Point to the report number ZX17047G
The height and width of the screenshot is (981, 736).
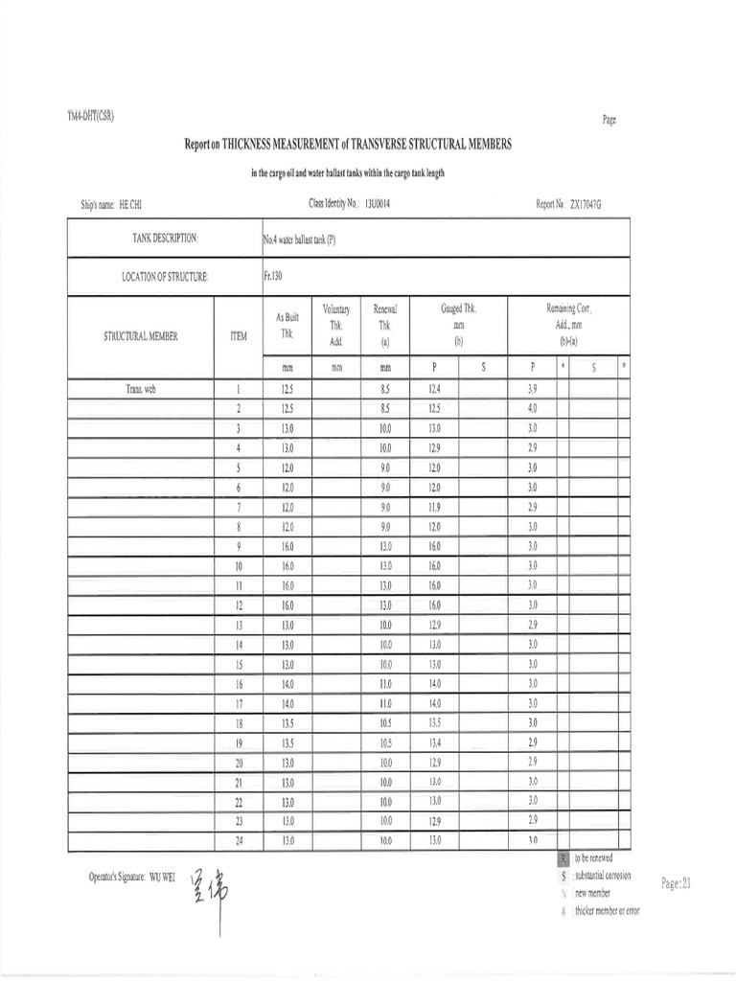pos(588,205)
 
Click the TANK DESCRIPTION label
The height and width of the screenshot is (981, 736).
pos(165,238)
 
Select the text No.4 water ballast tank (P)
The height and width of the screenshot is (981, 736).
pos(300,240)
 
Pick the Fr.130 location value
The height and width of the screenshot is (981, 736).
pos(275,276)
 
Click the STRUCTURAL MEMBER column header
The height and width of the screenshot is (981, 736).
pos(140,336)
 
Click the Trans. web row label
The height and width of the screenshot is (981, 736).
pos(141,389)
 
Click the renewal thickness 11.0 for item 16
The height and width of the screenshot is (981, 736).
pos(385,684)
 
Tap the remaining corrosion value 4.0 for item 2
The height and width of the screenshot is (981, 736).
pos(534,409)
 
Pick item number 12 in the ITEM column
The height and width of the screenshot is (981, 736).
pos(239,605)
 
